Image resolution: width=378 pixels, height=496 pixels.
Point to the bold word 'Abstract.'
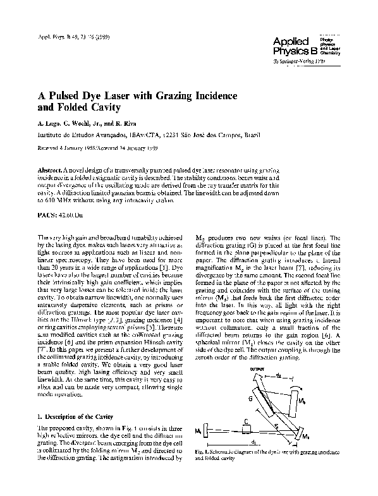(x=52, y=171)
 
